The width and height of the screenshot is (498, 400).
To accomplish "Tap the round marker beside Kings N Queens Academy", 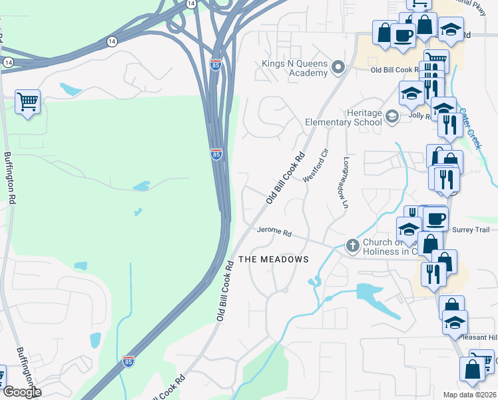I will (x=338, y=67).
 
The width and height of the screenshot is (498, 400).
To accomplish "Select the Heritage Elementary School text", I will (x=344, y=117).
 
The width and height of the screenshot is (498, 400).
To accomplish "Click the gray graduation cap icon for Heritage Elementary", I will (x=391, y=117).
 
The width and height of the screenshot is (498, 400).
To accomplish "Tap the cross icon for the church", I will (x=352, y=246).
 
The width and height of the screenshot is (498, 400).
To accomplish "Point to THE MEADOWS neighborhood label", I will (x=274, y=259).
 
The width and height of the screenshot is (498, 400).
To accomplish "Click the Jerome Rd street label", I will (x=275, y=233).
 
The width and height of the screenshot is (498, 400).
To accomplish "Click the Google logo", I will (x=21, y=391).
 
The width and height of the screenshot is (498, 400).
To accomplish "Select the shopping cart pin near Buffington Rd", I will (x=27, y=103).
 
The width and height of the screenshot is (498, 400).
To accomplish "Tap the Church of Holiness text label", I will (x=389, y=247).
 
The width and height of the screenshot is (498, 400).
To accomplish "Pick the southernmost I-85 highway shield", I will (x=128, y=361).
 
